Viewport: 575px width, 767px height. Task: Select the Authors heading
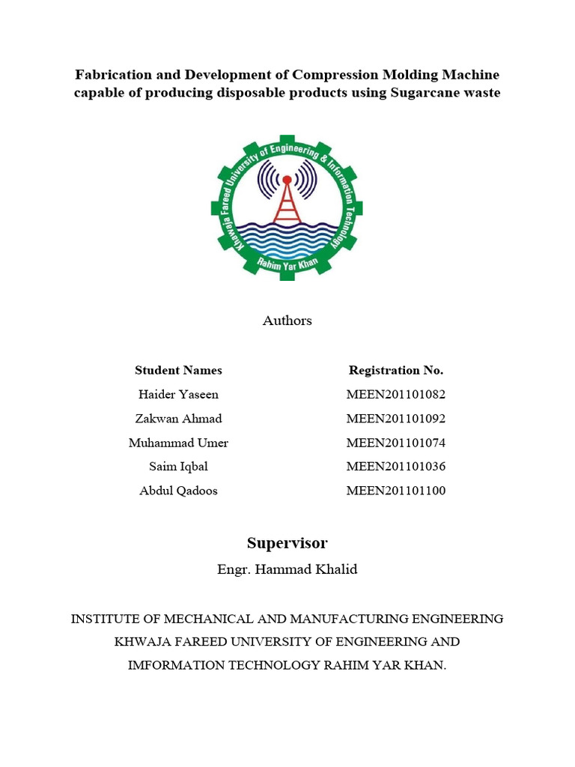coord(287,321)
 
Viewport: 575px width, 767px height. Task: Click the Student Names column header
coord(178,370)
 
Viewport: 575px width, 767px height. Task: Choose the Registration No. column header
coord(396,370)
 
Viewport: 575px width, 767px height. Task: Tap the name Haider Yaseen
coord(178,394)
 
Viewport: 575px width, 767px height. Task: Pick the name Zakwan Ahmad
coord(178,418)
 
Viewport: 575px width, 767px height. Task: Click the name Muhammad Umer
coord(178,443)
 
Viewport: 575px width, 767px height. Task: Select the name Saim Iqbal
coord(178,467)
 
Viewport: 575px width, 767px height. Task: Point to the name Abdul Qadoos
coord(178,491)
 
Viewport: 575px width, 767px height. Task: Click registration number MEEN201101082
coord(396,394)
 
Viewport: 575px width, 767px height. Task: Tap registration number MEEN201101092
coord(396,418)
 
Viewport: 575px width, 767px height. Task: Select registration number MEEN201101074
coord(396,443)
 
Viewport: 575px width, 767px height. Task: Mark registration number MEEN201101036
coord(396,467)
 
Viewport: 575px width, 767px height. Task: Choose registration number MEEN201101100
coord(396,491)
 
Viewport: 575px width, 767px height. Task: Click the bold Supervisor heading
coord(287,543)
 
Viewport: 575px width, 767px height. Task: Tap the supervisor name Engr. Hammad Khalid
coord(287,569)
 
